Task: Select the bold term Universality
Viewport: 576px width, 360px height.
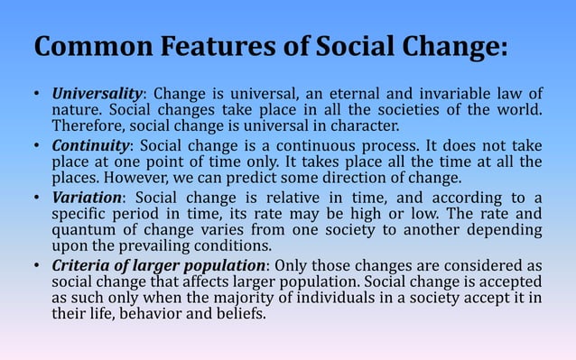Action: pyautogui.click(x=97, y=93)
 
